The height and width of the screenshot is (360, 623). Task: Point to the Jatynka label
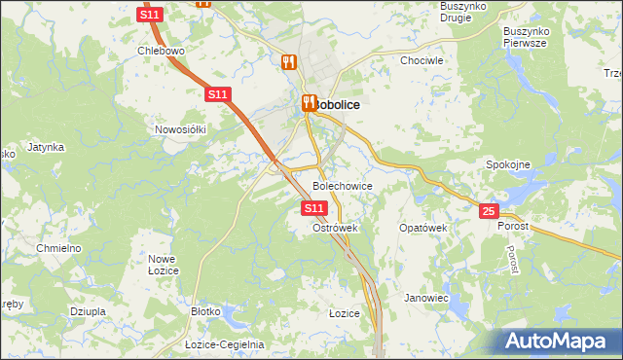point(46,147)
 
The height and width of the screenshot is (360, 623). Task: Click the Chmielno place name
point(57,248)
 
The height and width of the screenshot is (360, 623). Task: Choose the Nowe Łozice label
point(162,265)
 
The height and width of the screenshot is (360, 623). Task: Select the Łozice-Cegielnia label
point(225,344)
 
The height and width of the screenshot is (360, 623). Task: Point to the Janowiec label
point(426,298)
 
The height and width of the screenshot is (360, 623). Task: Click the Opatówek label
point(422,228)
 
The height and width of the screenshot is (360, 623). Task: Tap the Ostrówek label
point(336,228)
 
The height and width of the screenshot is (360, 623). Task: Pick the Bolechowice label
point(342,185)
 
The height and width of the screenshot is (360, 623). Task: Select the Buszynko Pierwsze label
point(526,37)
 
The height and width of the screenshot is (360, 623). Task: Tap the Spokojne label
point(507,164)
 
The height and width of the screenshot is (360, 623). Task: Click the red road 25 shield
point(489,210)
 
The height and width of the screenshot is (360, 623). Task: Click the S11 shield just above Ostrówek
point(312,208)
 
